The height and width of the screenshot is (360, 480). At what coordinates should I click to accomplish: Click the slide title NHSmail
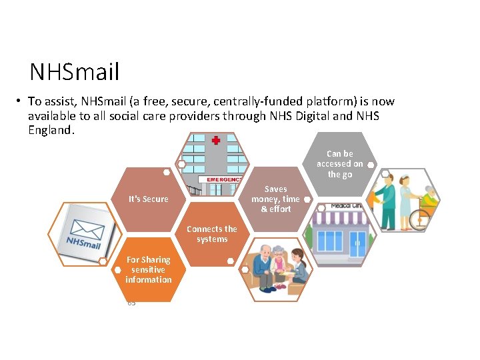(74, 71)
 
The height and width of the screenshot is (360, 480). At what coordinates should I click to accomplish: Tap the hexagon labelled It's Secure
(148, 199)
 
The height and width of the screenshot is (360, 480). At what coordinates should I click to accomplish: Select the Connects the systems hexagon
(212, 234)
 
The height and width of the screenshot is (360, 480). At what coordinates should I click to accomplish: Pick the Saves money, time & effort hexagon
(275, 199)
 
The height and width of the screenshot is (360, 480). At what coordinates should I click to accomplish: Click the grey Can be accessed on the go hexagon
(339, 164)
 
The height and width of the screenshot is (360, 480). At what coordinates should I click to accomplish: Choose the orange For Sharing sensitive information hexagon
(148, 269)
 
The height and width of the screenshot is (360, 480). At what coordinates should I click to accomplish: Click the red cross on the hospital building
(215, 141)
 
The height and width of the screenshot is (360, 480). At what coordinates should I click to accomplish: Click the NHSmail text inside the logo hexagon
(83, 243)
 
